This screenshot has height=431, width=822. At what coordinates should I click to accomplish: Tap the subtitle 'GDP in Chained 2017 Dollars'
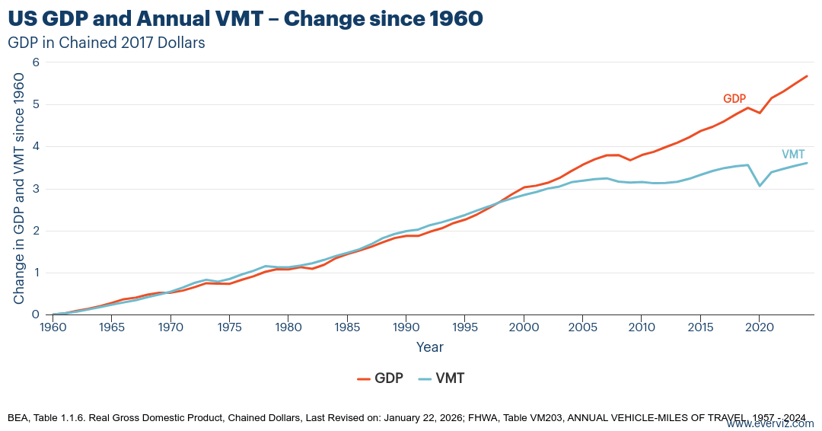107,43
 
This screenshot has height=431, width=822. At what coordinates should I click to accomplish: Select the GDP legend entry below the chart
380,378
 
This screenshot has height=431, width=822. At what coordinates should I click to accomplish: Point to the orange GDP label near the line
734,99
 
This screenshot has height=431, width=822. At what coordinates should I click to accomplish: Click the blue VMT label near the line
793,154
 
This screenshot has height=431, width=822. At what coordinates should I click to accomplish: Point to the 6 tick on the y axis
35,62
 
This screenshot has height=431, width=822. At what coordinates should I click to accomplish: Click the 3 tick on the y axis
35,189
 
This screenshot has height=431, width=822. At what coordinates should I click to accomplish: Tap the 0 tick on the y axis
35,314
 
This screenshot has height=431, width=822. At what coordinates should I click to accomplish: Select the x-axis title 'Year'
429,347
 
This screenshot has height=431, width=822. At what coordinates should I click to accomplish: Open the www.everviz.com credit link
769,423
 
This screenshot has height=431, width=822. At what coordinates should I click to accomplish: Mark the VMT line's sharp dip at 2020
760,186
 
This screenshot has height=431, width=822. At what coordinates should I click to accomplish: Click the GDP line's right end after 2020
806,76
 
